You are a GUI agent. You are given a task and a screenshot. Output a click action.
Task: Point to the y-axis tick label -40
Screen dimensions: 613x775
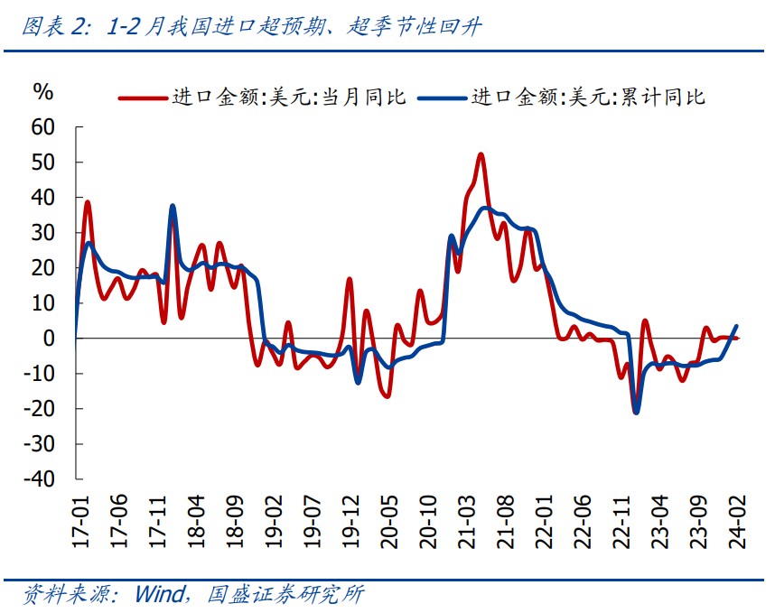coord(41,478)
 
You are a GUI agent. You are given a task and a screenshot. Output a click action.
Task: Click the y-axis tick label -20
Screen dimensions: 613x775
coord(41,408)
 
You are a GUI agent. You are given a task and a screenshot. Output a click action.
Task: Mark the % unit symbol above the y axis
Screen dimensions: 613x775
coord(43,91)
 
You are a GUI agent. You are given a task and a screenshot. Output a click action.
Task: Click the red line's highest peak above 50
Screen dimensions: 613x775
coord(481,154)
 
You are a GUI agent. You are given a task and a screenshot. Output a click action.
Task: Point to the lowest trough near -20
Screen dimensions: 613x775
coord(636,412)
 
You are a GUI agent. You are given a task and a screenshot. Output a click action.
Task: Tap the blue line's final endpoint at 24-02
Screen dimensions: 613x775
coord(736,326)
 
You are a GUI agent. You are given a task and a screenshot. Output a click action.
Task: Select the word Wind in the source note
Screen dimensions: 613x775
coord(160,594)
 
